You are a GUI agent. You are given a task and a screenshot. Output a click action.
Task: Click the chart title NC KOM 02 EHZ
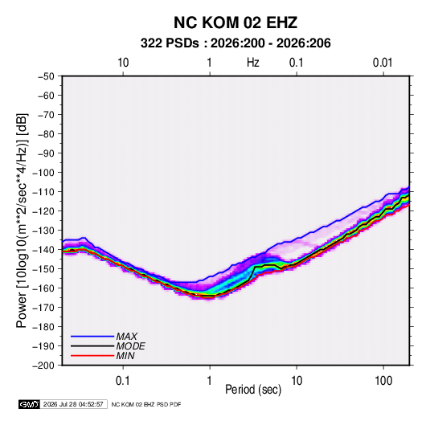click(235, 22)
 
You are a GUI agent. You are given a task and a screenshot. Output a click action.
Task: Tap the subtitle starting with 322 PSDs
click(235, 43)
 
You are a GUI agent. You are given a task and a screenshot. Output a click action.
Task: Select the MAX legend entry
click(126, 336)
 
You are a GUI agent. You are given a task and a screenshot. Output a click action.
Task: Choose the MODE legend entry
click(130, 346)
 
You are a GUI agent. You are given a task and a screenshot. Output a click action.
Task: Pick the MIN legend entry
click(125, 356)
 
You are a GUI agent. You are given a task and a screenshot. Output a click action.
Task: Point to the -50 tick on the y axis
click(46, 76)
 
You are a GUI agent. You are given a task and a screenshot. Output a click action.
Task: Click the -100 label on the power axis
click(43, 173)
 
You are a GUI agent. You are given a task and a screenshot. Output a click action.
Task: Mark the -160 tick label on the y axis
click(43, 288)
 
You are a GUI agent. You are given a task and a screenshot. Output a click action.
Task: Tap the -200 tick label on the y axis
click(43, 366)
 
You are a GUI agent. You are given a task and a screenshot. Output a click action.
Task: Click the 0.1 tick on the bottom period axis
click(123, 381)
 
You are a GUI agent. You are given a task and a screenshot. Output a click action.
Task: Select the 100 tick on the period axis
click(383, 381)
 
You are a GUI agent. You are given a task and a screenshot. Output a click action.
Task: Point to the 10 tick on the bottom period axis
click(297, 381)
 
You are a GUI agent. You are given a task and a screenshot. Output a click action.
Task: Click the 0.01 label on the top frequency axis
click(383, 63)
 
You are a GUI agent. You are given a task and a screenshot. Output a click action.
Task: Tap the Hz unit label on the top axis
click(253, 63)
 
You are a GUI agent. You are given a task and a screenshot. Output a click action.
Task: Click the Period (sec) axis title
click(253, 390)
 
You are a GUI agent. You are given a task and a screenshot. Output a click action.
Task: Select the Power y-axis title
click(22, 221)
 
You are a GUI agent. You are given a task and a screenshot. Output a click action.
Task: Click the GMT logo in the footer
click(29, 404)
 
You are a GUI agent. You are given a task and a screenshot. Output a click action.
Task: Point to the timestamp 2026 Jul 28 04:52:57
click(73, 404)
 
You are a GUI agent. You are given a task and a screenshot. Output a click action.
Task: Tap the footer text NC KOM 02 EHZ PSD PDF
click(146, 404)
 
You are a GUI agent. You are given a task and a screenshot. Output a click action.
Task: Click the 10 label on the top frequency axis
click(123, 63)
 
